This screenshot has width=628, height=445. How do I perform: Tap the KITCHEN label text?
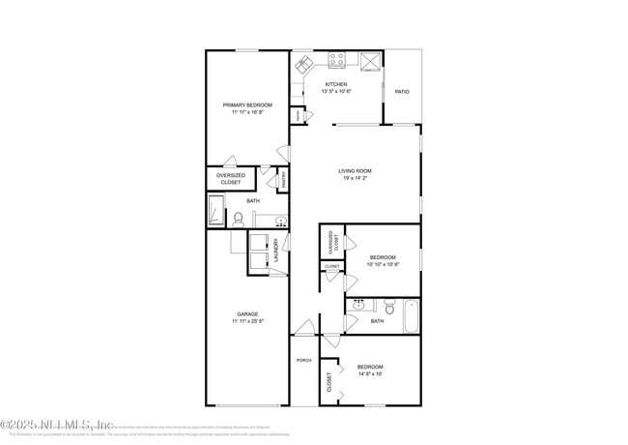click(x=335, y=84)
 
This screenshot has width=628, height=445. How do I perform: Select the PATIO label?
click(x=402, y=92)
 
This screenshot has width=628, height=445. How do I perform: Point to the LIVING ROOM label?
click(x=355, y=171)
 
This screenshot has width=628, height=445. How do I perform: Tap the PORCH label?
click(x=304, y=359)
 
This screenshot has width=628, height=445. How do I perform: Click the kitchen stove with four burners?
click(x=338, y=60)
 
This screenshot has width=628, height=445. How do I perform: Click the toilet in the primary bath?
click(x=238, y=219)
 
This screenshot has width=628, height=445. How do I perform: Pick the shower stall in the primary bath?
click(x=216, y=210)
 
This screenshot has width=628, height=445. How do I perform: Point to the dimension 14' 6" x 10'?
click(x=370, y=374)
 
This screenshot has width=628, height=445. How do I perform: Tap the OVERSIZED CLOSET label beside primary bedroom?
click(x=230, y=178)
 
